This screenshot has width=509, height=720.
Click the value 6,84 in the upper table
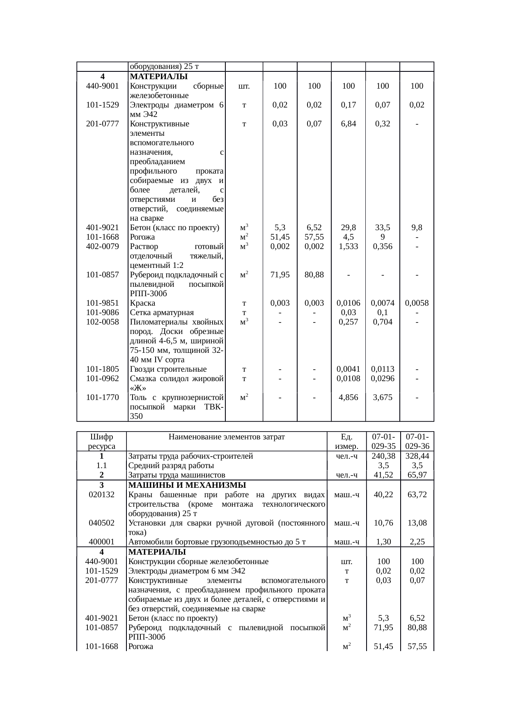coord(348,123)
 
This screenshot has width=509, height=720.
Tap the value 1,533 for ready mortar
coord(348,246)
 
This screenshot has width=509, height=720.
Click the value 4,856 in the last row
coord(348,397)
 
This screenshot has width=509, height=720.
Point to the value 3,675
coord(383,397)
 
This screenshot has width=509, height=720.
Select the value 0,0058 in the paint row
coord(417,303)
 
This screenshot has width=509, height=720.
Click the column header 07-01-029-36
coord(417,441)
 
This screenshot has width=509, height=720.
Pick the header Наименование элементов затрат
coord(227,437)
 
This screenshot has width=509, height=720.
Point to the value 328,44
coord(417,456)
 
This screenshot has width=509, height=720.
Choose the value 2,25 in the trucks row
coord(417,542)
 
